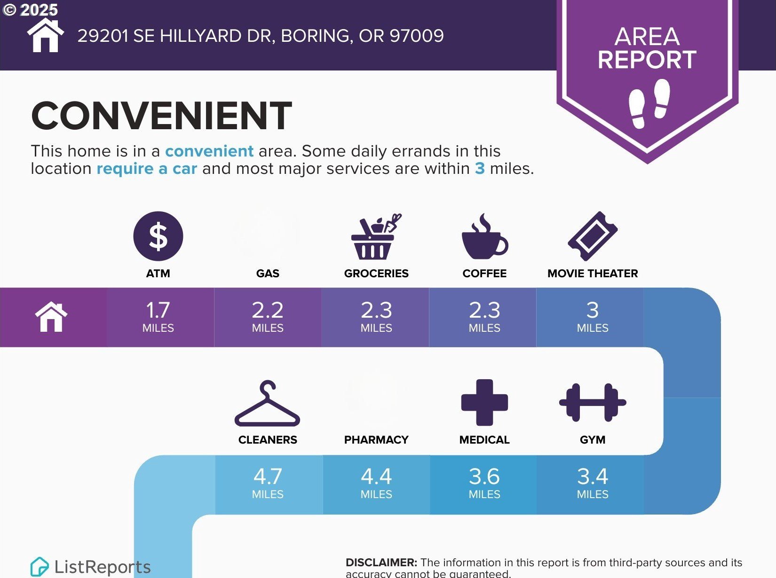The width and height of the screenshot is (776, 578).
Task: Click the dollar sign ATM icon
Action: coord(158,236)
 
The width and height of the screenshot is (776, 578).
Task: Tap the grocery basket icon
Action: coord(375,236)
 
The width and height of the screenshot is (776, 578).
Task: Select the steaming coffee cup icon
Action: coord(485,236)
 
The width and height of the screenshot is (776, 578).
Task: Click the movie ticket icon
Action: coord(593,236)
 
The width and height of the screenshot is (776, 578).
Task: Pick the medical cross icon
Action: coord(484,402)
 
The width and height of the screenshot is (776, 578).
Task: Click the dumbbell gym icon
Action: coord(593,402)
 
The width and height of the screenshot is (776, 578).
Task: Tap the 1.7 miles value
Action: coord(158,316)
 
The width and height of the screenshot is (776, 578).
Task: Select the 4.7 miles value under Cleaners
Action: coord(268,483)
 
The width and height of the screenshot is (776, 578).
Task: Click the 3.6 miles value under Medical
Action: coord(484,483)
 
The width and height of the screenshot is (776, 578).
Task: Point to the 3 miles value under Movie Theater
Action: coord(593,316)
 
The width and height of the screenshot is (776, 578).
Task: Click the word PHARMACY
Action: coord(376,439)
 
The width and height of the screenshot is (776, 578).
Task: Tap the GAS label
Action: coord(268,273)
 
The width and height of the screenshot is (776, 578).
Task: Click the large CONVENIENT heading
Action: coord(162,116)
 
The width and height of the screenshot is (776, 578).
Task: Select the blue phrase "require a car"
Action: coord(147,168)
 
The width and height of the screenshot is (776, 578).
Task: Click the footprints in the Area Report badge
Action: coord(649,103)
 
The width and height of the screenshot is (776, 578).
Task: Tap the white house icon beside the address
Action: coord(45,35)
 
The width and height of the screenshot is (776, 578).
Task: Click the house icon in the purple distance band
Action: coord(51,317)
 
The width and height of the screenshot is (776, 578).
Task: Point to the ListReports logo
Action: coord(90,567)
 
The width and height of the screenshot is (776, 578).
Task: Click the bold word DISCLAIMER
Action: coord(381,562)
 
